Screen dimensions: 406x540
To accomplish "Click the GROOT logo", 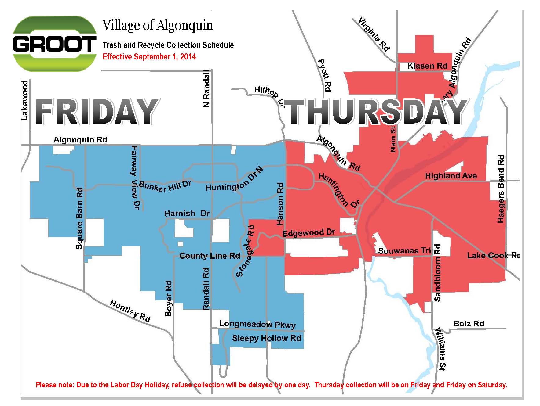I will [54, 44].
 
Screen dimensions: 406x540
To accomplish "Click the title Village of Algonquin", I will [158, 25].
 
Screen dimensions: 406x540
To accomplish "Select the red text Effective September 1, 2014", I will [149, 57].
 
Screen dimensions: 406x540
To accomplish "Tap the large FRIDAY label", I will [96, 112].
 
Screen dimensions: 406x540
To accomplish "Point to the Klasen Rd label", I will [427, 66].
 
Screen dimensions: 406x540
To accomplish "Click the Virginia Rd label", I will [374, 34].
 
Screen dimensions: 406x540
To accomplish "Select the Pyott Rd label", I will [324, 75].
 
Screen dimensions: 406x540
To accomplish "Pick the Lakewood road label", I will [24, 100].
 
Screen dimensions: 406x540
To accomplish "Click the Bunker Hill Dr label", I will [165, 186].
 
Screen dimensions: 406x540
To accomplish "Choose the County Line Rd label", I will [210, 256].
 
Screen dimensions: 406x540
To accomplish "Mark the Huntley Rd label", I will [130, 311].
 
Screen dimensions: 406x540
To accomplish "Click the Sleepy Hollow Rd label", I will [266, 338].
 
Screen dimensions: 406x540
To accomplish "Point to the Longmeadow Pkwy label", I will [257, 324].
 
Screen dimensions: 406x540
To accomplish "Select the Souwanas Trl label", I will [404, 251].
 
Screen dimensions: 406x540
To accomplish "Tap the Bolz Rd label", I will [469, 323].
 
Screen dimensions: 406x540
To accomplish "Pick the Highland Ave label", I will [451, 176].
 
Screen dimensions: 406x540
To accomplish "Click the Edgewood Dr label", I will [308, 233].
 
